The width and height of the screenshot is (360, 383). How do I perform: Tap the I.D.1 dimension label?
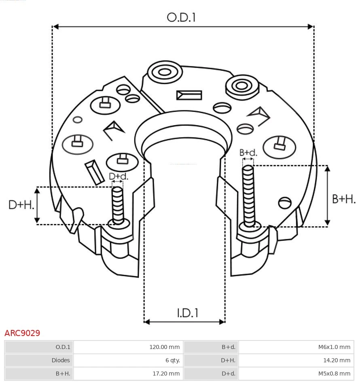pos(187,313)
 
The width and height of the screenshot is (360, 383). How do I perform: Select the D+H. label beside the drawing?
pos(21,205)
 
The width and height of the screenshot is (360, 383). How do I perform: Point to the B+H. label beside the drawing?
pos(343,199)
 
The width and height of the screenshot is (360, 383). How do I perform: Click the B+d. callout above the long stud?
pos(248,153)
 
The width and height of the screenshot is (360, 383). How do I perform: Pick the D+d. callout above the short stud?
pos(119,177)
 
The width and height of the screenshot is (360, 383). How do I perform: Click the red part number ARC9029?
pos(22,333)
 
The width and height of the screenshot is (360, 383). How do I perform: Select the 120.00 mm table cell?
pos(128,347)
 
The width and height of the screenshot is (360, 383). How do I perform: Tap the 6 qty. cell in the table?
pos(128,360)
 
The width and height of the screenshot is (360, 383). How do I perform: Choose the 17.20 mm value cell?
pos(128,373)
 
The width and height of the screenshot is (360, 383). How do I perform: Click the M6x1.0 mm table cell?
pos(296,347)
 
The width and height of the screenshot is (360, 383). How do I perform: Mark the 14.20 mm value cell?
pos(296,360)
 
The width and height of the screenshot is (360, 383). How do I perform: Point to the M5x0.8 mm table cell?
pos(296,373)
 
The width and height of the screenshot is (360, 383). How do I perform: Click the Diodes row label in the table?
pos(39,360)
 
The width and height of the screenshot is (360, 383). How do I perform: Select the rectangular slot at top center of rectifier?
pos(189,95)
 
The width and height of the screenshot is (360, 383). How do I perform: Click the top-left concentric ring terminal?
pos(164,73)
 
